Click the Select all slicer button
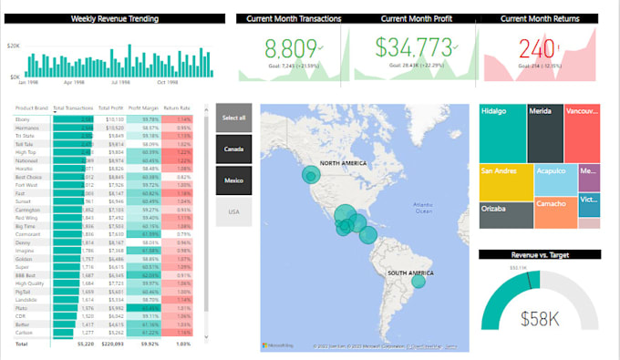234,117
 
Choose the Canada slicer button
234,149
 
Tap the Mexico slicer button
234,180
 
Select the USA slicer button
234,211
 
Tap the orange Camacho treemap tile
555,212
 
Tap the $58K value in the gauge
539,318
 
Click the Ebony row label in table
23,118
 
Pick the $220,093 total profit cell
110,345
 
